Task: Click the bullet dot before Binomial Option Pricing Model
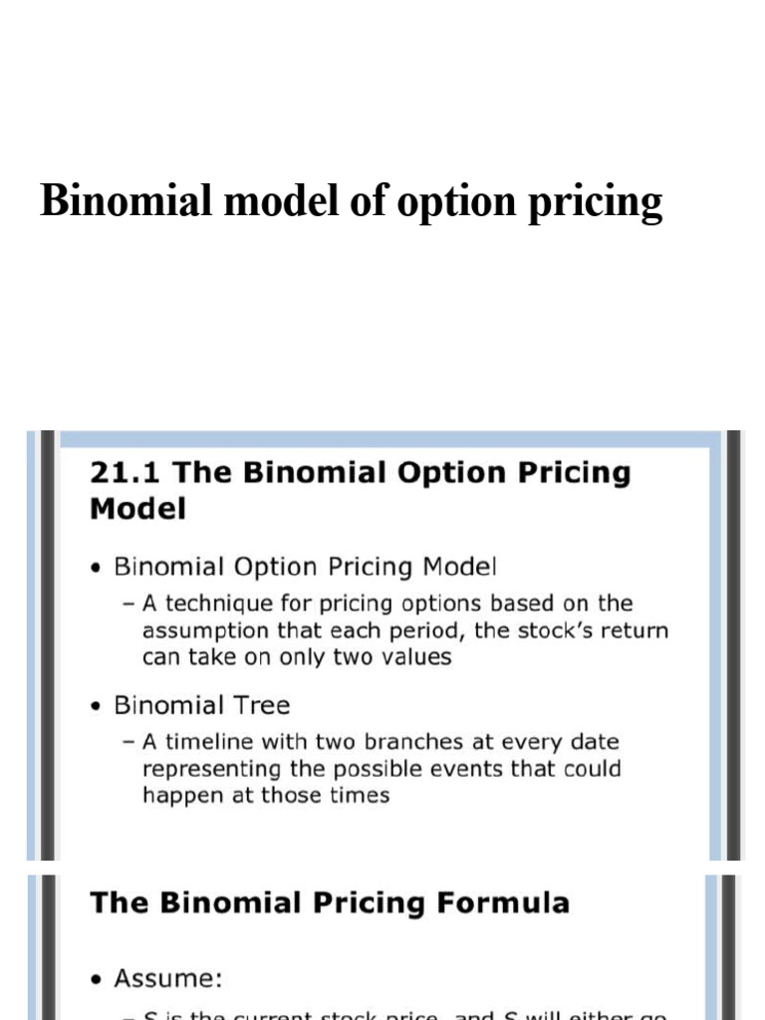click(95, 569)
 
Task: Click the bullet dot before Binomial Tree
click(95, 707)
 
